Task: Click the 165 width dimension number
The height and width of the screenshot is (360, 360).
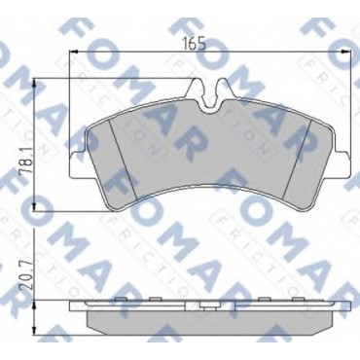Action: [x=194, y=44]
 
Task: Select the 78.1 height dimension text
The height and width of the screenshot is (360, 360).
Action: [x=26, y=161]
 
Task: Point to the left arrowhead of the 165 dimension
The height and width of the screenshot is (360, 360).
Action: [x=75, y=52]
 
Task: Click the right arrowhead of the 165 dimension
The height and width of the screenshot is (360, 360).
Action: [x=346, y=52]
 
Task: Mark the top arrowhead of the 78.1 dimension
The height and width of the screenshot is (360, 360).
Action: [x=35, y=84]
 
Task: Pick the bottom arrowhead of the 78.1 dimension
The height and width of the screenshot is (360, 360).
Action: [x=35, y=206]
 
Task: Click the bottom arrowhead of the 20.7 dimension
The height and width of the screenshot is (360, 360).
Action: [x=35, y=330]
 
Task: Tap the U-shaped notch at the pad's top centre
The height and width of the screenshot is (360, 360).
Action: [x=211, y=99]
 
